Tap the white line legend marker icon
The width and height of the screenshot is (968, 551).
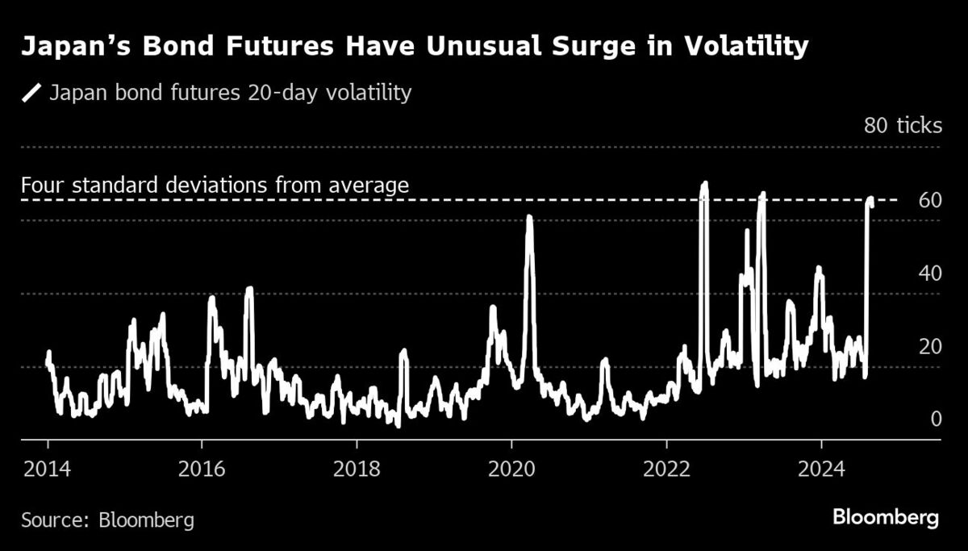tap(32, 94)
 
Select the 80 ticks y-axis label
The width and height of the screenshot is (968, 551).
tap(902, 127)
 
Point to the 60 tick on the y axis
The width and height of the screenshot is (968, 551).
tap(930, 199)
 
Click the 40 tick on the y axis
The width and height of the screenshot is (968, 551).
tap(930, 273)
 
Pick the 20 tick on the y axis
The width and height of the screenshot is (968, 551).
tap(930, 346)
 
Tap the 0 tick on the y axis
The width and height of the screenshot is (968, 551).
tap(936, 419)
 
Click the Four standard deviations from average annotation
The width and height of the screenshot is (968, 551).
tap(215, 186)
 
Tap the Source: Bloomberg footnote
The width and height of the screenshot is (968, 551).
tap(107, 520)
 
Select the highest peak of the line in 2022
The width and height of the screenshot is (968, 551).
tap(704, 183)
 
